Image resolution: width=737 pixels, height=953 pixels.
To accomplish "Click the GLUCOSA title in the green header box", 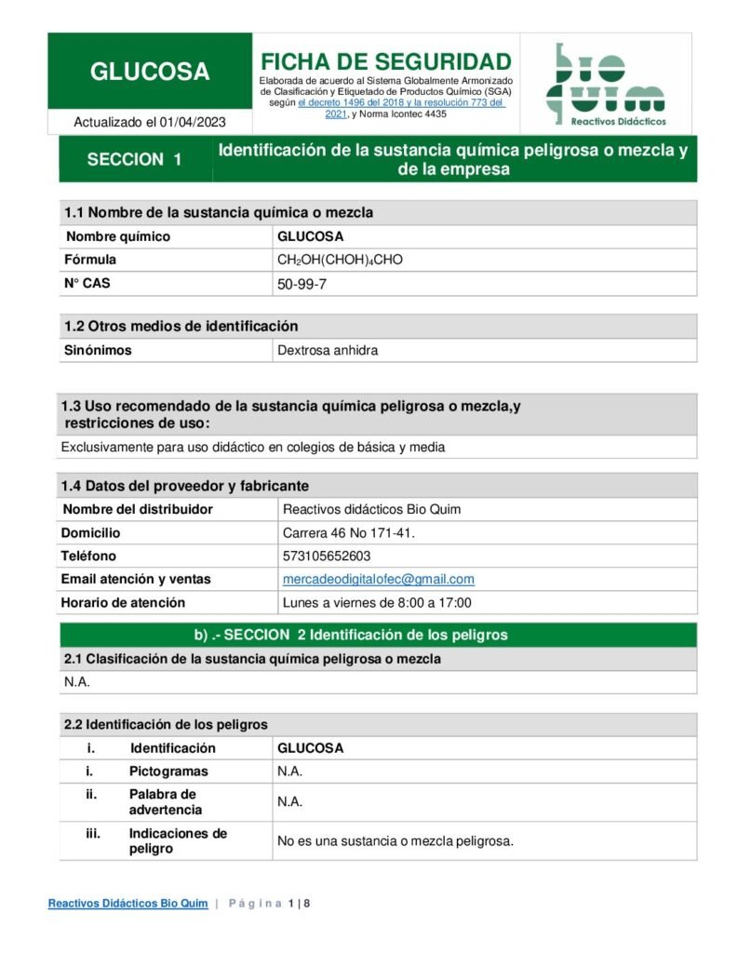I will click(150, 72).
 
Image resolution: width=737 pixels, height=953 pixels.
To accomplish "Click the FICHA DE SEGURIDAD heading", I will click(385, 61).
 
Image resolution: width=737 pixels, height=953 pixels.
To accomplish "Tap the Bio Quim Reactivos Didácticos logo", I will click(605, 84).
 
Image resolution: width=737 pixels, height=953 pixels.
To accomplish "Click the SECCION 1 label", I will click(134, 159).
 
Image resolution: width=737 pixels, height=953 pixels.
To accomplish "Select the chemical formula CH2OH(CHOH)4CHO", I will click(340, 260).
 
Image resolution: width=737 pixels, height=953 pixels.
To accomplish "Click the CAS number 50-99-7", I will click(301, 284).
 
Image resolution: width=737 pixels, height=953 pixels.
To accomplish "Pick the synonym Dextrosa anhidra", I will click(328, 351).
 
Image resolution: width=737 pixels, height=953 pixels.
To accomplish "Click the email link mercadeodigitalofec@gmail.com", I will click(378, 579).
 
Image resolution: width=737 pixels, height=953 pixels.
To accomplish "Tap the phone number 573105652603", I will click(326, 556).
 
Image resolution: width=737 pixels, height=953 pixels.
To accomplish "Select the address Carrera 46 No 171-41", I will click(348, 532).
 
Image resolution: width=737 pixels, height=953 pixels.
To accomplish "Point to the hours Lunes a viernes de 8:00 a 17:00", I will click(377, 602).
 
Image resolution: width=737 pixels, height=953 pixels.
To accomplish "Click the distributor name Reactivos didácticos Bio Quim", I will click(371, 509).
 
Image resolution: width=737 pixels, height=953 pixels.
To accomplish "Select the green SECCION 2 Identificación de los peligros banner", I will click(377, 635).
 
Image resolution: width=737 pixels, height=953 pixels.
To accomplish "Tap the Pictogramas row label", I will click(168, 772).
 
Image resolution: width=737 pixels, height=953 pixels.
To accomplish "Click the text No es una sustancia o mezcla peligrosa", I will click(395, 841).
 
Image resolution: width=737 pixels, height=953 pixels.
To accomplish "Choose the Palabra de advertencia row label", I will click(165, 801).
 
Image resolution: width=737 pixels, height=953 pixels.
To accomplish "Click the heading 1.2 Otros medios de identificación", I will click(181, 326).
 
